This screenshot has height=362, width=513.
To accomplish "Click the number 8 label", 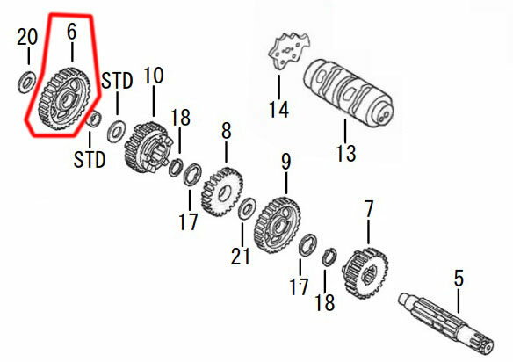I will click(x=227, y=131).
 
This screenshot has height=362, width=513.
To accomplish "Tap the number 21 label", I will click(x=241, y=257).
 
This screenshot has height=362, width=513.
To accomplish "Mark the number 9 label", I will click(x=285, y=162).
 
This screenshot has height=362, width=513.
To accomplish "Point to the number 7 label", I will click(x=369, y=210).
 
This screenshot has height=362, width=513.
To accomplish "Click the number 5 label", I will click(x=458, y=280).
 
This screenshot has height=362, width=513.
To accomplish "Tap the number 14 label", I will click(x=278, y=109).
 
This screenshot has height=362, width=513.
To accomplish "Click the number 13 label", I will click(x=345, y=153).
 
